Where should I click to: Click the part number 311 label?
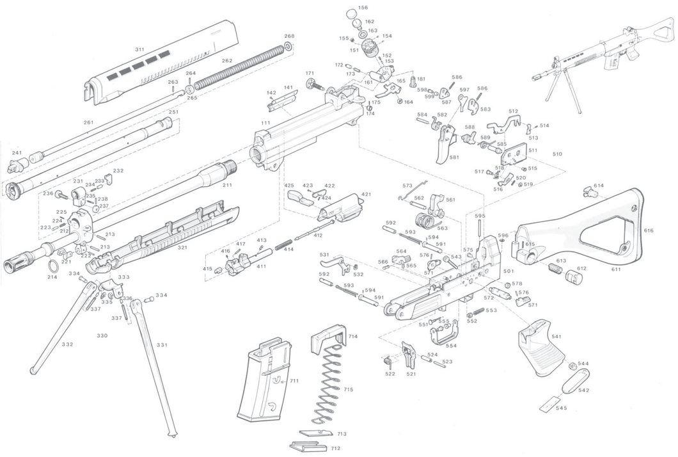pos(139,49)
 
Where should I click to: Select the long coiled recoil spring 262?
pos(237,65)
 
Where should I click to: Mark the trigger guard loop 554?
pos(445,335)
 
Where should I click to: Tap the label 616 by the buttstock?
pos(649,230)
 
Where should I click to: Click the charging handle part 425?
pos(299,196)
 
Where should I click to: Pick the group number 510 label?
pos(557,154)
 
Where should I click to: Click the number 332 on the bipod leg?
pos(67,344)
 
